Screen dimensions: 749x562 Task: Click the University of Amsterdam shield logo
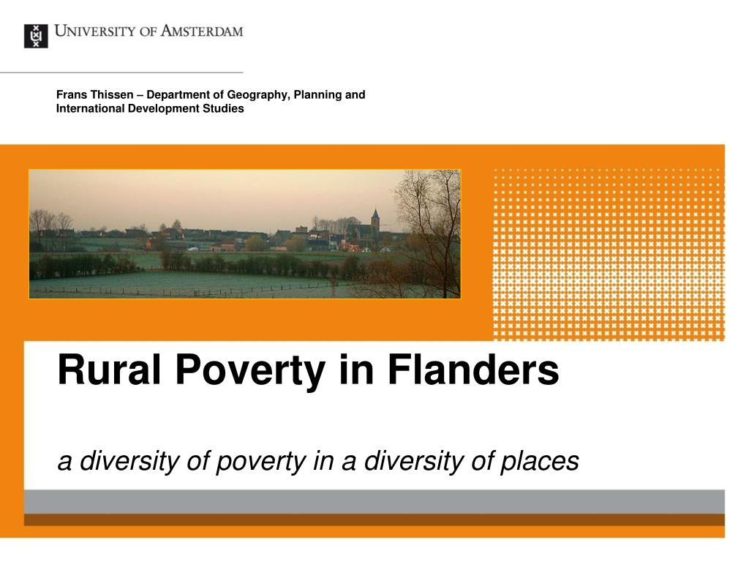[x=36, y=36]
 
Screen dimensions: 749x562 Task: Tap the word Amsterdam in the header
[x=202, y=31]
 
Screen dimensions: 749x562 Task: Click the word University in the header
[x=95, y=31]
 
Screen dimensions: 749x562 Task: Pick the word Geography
[x=258, y=95]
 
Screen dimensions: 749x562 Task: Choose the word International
[x=90, y=108]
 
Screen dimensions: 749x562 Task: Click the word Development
[x=164, y=109]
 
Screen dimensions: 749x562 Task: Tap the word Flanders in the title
[x=473, y=370]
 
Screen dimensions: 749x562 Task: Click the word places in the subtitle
[x=540, y=462]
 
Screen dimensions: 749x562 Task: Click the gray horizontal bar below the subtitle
[x=374, y=502]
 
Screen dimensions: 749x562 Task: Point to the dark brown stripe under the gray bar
[x=374, y=520]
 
